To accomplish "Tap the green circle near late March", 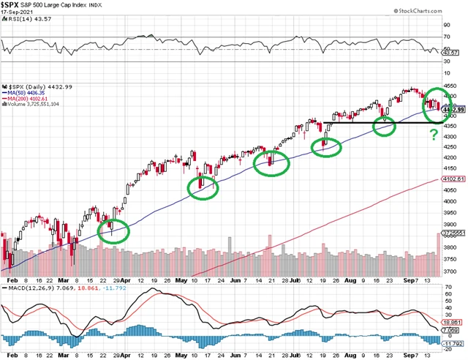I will [x=113, y=230].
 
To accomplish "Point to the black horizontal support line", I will [x=380, y=122].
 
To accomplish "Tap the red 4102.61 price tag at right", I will [x=453, y=180].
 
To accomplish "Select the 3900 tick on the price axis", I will [x=453, y=225].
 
